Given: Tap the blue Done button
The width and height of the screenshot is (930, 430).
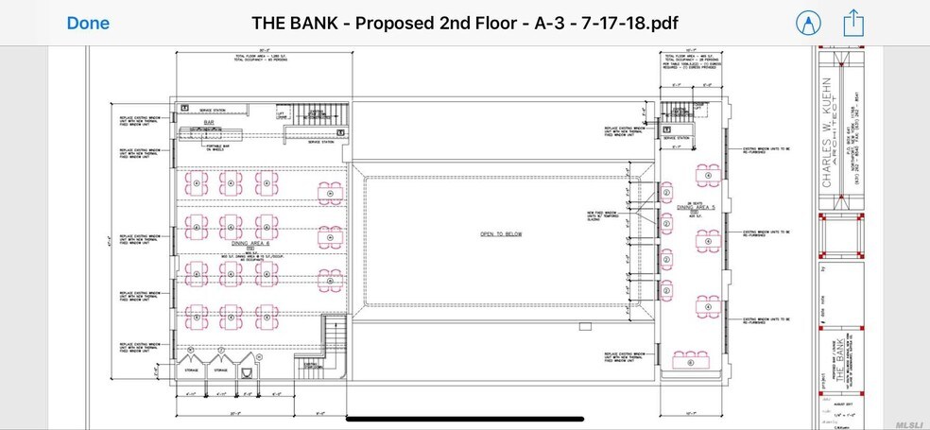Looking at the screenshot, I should point(88,23).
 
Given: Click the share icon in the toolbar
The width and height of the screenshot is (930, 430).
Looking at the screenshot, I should point(853,23).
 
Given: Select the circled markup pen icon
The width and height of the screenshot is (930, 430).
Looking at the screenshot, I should point(807,23).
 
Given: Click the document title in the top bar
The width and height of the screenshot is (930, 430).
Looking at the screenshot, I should point(464,23).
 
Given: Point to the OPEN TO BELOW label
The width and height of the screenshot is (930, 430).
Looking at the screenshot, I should point(501,233).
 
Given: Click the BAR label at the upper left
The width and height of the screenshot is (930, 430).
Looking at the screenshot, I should point(223,123).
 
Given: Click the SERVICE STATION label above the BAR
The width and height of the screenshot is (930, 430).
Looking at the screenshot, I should point(212,110).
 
